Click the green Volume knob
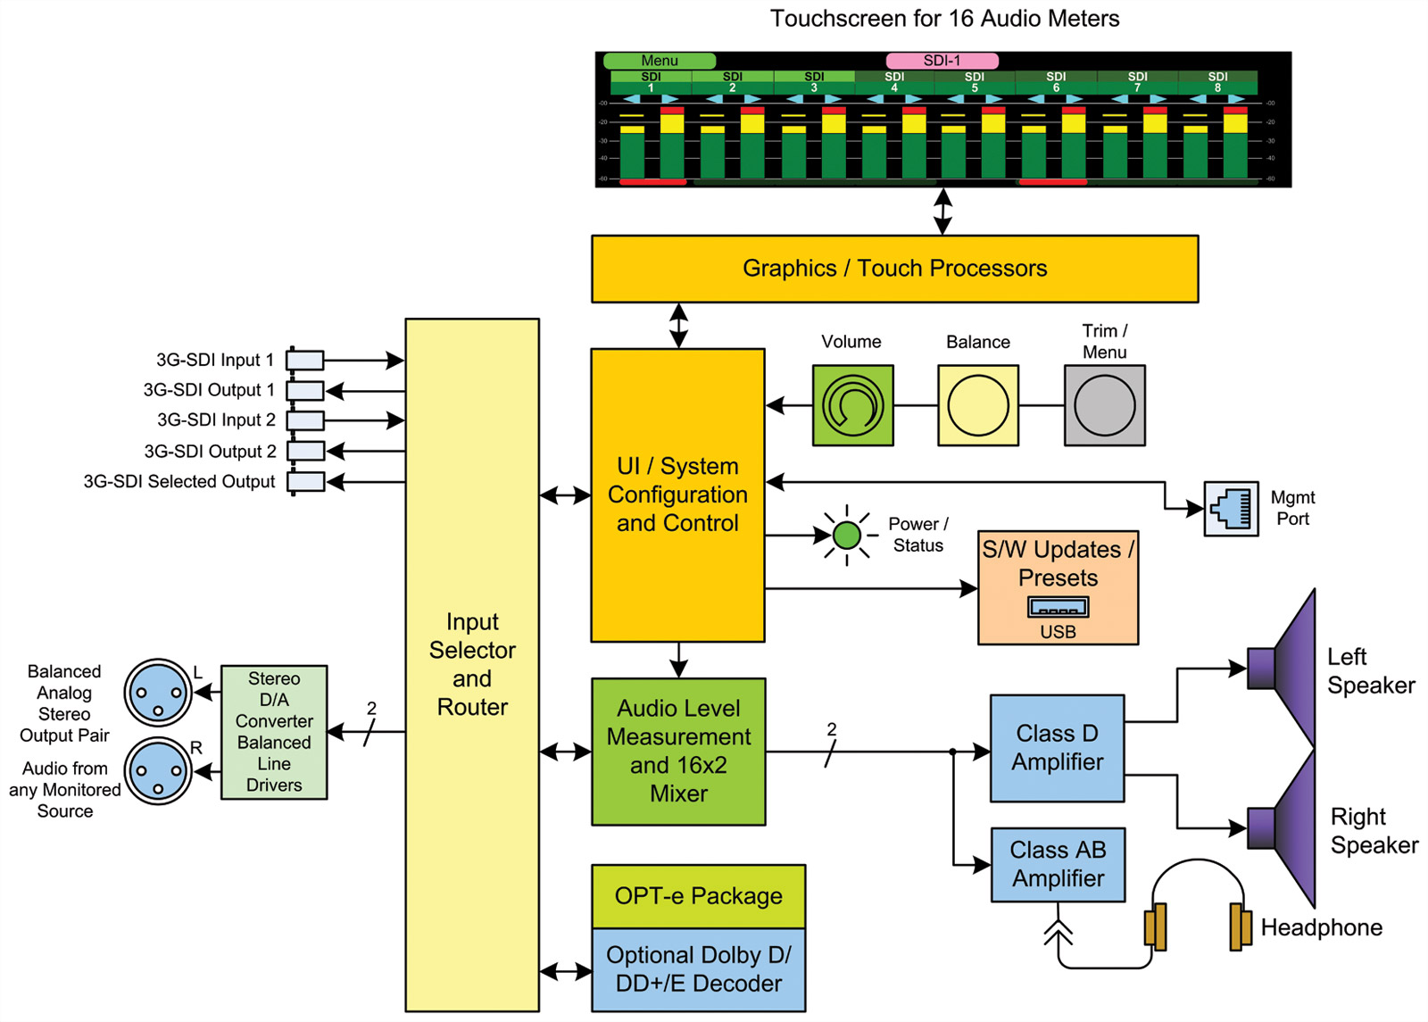click(x=852, y=405)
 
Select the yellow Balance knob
click(x=978, y=405)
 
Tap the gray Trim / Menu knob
click(x=1104, y=405)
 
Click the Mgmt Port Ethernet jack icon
click(x=1231, y=509)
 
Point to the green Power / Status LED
click(x=846, y=536)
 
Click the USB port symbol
click(x=1058, y=608)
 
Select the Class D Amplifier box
click(x=1057, y=748)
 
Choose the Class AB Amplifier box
click(x=1058, y=864)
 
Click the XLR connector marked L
click(x=158, y=693)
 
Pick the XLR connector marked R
click(x=158, y=771)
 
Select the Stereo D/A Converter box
click(x=274, y=732)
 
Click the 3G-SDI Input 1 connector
click(x=304, y=361)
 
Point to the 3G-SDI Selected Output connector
click(x=305, y=482)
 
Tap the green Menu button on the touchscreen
click(x=660, y=61)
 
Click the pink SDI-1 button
click(x=942, y=61)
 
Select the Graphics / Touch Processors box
click(x=894, y=269)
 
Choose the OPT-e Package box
click(x=698, y=896)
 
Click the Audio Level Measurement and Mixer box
click(x=678, y=752)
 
